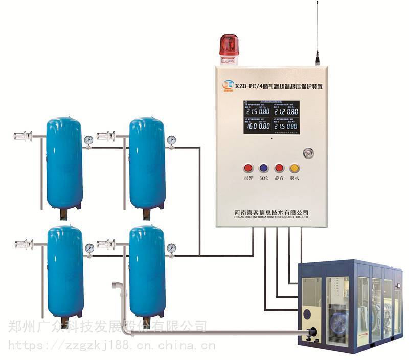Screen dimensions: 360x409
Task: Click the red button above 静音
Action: [x=279, y=168]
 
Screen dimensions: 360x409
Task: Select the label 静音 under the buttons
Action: [x=279, y=178]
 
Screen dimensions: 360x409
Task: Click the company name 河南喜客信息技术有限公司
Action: [x=270, y=212]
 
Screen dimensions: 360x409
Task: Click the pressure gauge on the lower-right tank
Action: [x=171, y=248]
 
